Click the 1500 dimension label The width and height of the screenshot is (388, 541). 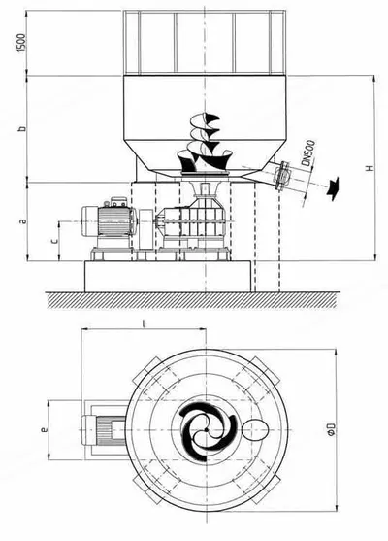[x=21, y=43]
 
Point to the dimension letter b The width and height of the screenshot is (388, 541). [x=22, y=129]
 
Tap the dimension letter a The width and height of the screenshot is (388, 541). [x=22, y=220]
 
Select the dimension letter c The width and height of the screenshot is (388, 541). [x=54, y=241]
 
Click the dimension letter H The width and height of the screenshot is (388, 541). [x=370, y=168]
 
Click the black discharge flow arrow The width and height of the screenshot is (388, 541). [x=333, y=188]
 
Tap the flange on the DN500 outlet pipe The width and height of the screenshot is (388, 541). [x=282, y=175]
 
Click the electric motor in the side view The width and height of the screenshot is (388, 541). [x=108, y=220]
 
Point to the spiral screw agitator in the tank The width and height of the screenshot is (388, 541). [x=204, y=144]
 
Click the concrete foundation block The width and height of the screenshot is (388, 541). [x=168, y=277]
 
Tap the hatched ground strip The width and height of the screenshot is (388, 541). [x=191, y=300]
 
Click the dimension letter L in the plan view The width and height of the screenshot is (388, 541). [x=144, y=323]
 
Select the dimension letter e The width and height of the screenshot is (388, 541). [x=44, y=430]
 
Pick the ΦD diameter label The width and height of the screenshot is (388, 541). [x=332, y=429]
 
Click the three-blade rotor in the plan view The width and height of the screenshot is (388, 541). [x=208, y=430]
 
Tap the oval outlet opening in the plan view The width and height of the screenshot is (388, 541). [x=255, y=430]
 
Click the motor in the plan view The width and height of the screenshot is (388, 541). [x=104, y=430]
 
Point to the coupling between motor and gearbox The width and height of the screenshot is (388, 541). [x=145, y=228]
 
